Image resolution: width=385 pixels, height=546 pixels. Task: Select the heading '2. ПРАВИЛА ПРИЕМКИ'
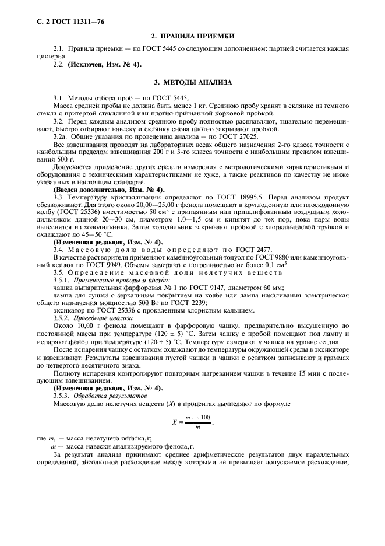192,36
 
